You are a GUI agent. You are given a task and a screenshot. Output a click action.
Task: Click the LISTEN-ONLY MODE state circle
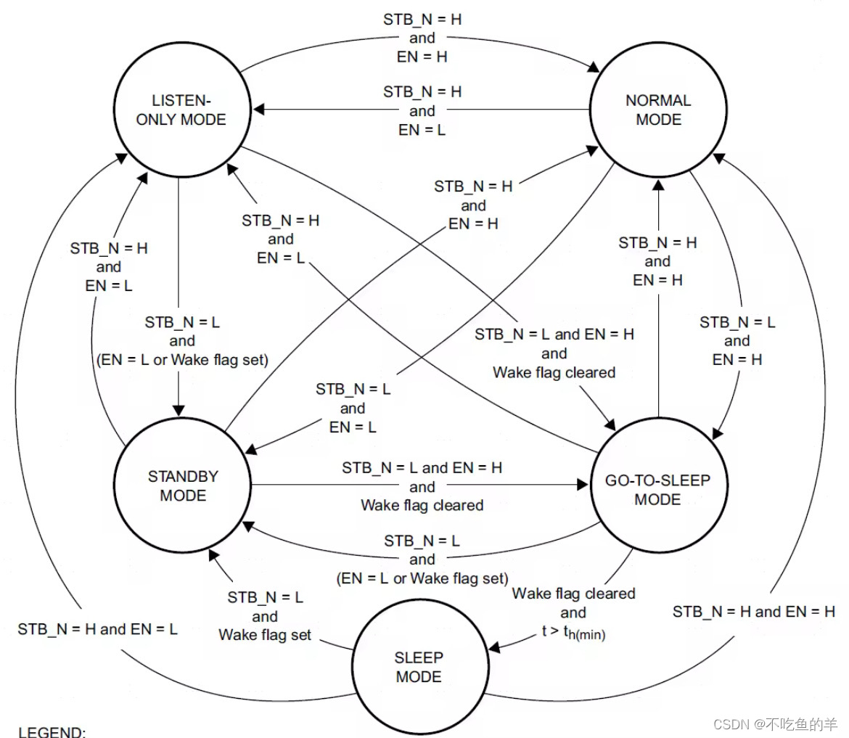point(181,110)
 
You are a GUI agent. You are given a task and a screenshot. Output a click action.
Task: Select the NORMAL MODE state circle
point(658,110)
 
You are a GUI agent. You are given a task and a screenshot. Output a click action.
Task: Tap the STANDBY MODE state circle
point(183,485)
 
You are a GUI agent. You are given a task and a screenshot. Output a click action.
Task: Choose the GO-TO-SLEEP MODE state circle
point(657,489)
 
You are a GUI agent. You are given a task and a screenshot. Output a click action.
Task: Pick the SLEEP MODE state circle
point(419,667)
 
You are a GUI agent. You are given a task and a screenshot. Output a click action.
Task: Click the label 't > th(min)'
point(573,632)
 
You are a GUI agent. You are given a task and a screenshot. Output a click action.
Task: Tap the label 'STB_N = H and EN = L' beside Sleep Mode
point(98,629)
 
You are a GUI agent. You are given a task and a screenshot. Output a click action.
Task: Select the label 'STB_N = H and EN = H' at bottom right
point(753,612)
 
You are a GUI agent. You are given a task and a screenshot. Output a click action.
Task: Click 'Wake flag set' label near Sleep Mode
point(265,635)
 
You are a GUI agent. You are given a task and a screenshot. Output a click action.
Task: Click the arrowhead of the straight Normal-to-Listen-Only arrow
point(258,110)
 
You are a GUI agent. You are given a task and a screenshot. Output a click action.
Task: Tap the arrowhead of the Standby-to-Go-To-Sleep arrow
point(583,483)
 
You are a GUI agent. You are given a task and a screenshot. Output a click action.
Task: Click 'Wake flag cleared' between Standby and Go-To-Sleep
point(422,505)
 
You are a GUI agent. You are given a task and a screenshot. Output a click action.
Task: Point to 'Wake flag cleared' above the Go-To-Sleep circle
point(554,372)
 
